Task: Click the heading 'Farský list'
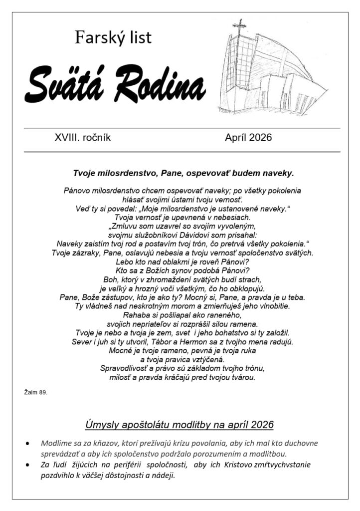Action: pyautogui.click(x=113, y=37)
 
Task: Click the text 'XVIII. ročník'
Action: pyautogui.click(x=83, y=138)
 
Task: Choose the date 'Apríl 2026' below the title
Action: pyautogui.click(x=248, y=138)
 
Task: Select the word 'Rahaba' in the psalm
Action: pyautogui.click(x=136, y=315)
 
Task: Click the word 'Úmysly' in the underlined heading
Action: pyautogui.click(x=102, y=425)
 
